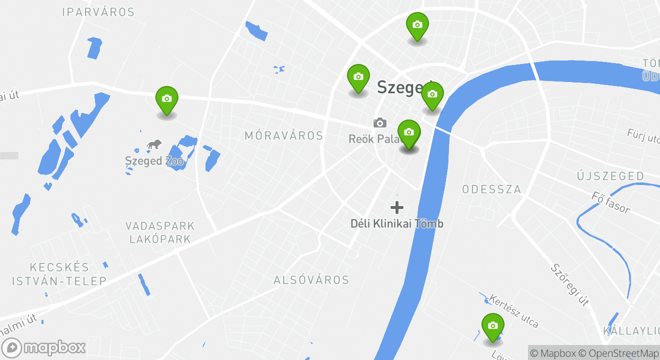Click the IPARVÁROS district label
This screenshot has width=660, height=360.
pos(98,12)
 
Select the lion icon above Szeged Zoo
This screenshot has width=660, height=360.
pos(154,145)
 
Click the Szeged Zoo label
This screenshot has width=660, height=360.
pos(154,161)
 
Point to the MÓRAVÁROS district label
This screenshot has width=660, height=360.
pos(283,135)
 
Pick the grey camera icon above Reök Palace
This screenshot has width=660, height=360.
pos(380,122)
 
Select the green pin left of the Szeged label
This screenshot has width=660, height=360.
pos(358,78)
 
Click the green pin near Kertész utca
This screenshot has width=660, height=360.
pos(492,327)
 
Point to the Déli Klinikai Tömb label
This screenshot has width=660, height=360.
pos(396,223)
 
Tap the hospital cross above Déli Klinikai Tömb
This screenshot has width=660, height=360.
pos(397,207)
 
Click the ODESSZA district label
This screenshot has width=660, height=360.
pos(491,189)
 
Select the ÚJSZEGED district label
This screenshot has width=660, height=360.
pos(610,176)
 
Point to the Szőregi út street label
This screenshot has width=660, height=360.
pos(568,284)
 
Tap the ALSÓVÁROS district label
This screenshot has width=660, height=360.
pos(311,280)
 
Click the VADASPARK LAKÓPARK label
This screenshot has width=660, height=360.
pos(160,232)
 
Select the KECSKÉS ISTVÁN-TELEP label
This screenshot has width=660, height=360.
pos(59,274)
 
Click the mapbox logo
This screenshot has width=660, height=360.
pos(44,347)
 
